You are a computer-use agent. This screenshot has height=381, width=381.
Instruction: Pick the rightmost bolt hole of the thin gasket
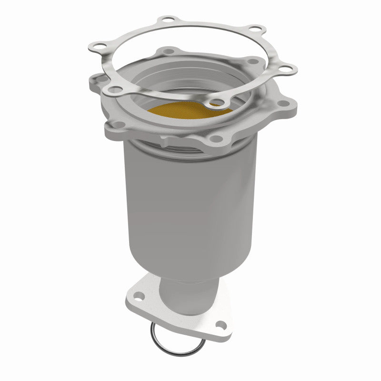click(x=286, y=70)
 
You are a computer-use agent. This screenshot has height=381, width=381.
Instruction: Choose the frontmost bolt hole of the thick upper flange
click(x=213, y=139)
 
